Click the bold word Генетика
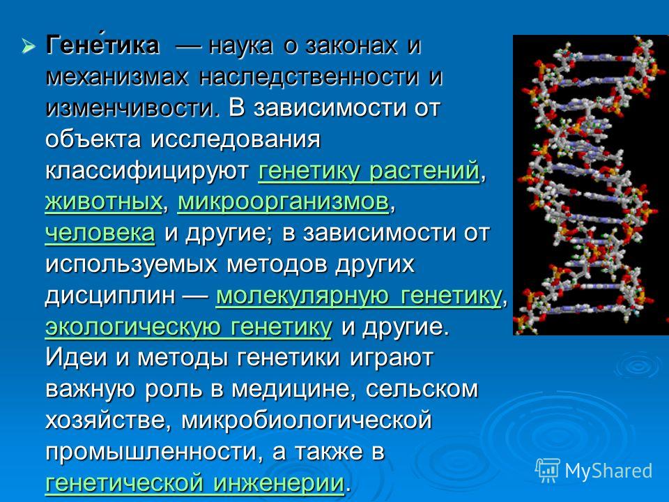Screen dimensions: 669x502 (102, 44)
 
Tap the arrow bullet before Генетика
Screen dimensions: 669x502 (28, 45)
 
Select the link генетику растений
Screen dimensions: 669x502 (369, 172)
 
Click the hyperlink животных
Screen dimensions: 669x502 (104, 201)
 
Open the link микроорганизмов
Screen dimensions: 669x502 (284, 203)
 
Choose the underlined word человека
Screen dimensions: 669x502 (100, 233)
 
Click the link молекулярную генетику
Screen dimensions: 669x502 (359, 296)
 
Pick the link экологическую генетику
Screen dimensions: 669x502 (188, 328)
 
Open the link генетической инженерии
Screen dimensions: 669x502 (194, 483)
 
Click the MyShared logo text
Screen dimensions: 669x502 (608, 471)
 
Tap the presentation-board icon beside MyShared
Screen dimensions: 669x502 (548, 471)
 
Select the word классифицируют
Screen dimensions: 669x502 (147, 172)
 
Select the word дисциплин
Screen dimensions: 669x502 (110, 296)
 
